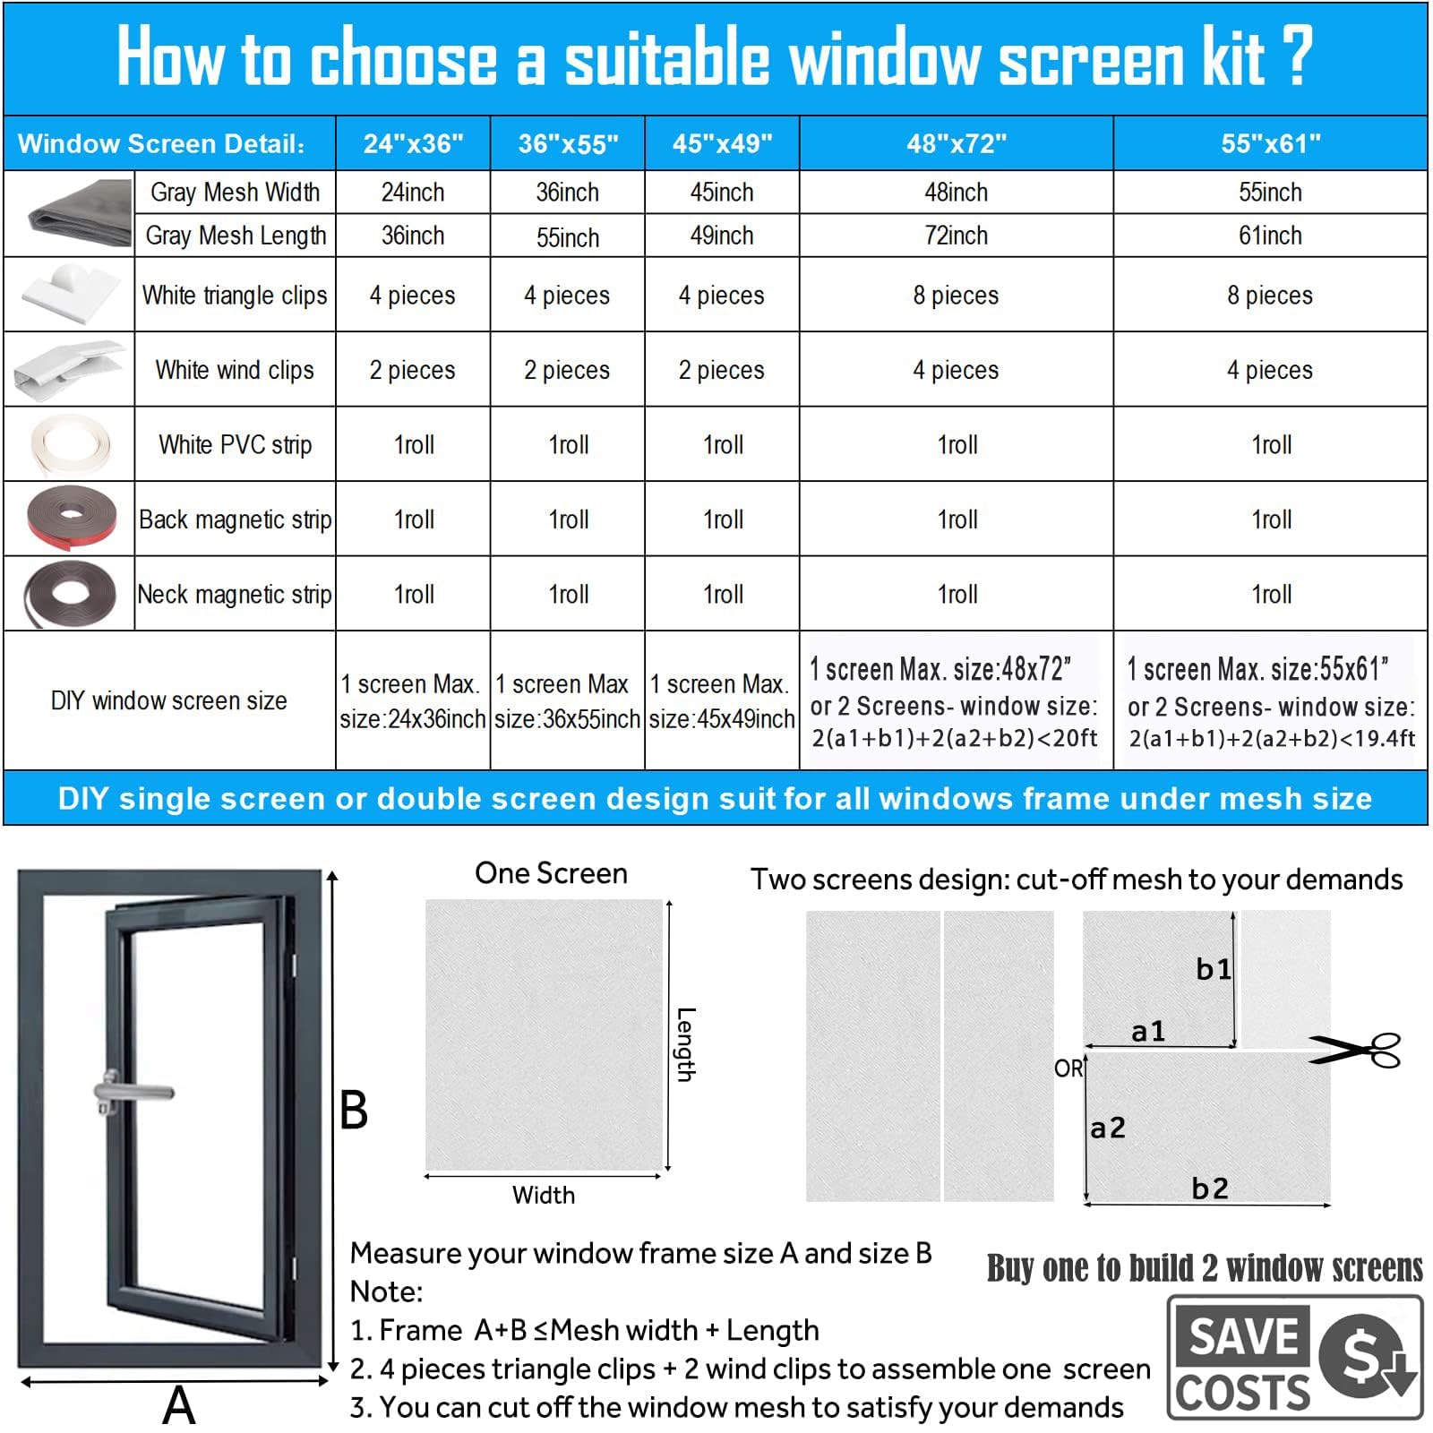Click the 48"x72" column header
[956, 143]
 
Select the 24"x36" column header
[413, 143]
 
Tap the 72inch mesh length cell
[956, 236]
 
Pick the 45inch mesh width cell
[722, 192]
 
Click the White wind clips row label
[235, 370]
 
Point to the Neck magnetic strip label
[235, 594]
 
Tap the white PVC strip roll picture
[70, 443]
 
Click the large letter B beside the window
[354, 1111]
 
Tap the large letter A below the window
[179, 1404]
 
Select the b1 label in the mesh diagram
[1214, 969]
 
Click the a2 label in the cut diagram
[1108, 1128]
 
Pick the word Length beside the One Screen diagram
[685, 1044]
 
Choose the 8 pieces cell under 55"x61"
[1270, 296]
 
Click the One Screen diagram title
[551, 873]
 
